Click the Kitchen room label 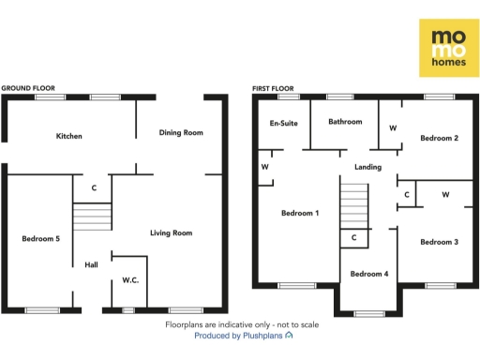(x=69, y=136)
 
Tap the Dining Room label (x=181, y=132)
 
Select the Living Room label (x=172, y=232)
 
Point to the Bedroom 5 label (x=41, y=239)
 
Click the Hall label (x=91, y=265)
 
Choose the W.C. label (x=130, y=280)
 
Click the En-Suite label (x=283, y=123)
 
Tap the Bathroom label (x=345, y=122)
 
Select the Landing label (x=367, y=168)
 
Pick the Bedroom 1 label (x=300, y=213)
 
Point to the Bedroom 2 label (x=439, y=138)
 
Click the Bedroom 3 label (x=439, y=242)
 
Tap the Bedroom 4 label (x=368, y=274)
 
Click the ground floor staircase (x=93, y=218)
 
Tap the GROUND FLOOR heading (x=28, y=88)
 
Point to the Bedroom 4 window (x=368, y=313)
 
